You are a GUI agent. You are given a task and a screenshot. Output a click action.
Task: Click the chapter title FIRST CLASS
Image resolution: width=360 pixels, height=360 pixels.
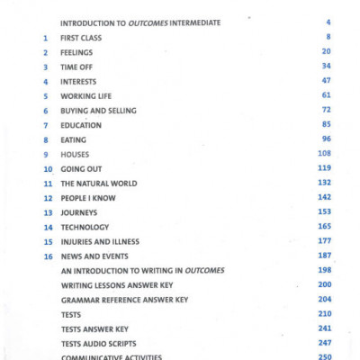pyautogui.click(x=81, y=38)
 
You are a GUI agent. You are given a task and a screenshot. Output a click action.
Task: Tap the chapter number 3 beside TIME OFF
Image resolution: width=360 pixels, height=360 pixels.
pyautogui.click(x=45, y=67)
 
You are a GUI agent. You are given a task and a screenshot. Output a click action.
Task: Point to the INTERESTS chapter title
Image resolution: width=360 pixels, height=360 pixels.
pyautogui.click(x=78, y=81)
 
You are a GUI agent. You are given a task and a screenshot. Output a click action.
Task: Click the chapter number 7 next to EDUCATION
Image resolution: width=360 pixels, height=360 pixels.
pyautogui.click(x=45, y=125)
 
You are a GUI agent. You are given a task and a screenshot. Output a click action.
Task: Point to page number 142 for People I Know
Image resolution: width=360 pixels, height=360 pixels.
pyautogui.click(x=324, y=197)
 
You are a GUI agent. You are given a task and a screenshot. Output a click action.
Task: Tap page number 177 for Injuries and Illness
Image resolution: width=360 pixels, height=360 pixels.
pyautogui.click(x=324, y=241)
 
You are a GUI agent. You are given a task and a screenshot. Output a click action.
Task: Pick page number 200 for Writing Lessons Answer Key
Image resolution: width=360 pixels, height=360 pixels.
pyautogui.click(x=324, y=284)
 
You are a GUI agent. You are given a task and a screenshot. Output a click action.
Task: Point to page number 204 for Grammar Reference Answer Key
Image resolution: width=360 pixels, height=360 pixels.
pyautogui.click(x=324, y=299)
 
